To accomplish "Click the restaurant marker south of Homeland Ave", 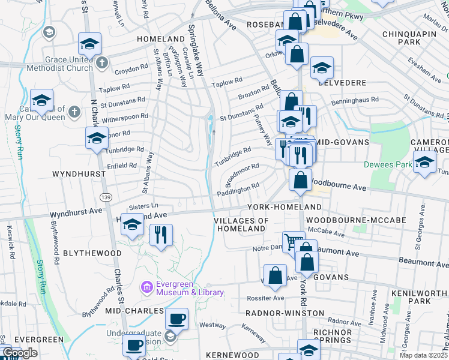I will point(160,234).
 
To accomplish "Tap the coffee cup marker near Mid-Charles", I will point(176,318).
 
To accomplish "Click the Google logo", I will point(20,353).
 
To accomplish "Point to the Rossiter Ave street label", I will point(265,298).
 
